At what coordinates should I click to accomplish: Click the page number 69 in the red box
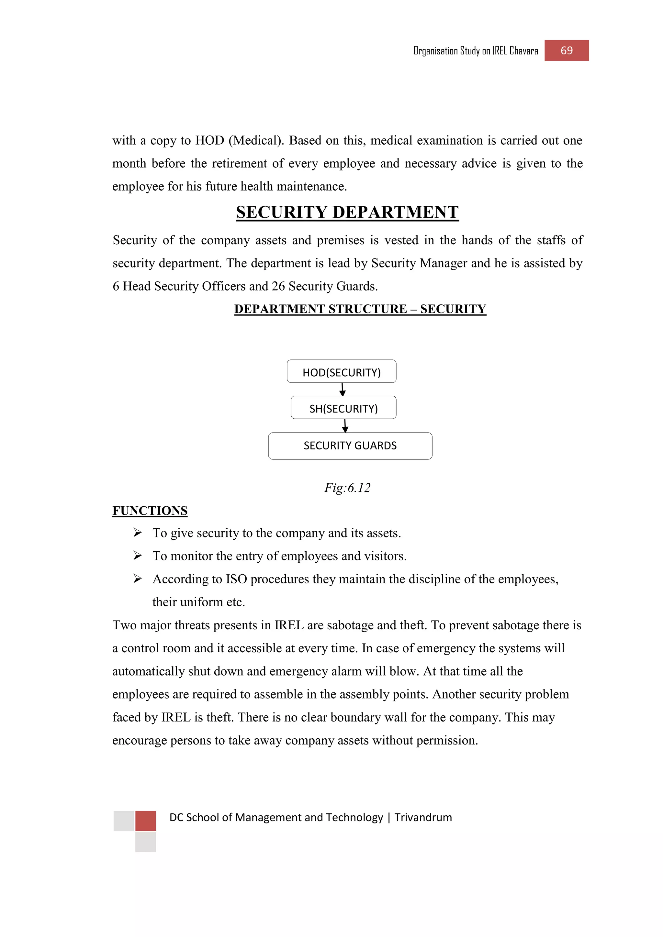(566, 50)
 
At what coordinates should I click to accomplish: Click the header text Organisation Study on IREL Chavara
(476, 51)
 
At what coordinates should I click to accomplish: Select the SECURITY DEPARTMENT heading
(347, 212)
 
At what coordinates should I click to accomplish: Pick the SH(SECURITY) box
(343, 408)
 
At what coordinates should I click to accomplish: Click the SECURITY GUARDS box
(350, 446)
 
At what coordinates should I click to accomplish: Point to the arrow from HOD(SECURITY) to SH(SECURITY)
(343, 389)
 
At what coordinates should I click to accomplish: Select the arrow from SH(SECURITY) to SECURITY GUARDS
(345, 426)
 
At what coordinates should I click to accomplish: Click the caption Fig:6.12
(347, 488)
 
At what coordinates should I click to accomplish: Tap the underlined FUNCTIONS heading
(150, 511)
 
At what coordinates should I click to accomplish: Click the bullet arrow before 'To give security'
(138, 533)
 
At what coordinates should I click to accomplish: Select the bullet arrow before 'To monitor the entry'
(138, 556)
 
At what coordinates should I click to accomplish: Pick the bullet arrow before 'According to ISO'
(138, 579)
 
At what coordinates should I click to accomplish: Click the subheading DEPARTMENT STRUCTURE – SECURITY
(360, 309)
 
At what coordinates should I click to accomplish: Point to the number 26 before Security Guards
(278, 286)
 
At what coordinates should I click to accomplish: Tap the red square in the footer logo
(145, 821)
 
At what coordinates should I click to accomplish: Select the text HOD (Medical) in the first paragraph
(239, 140)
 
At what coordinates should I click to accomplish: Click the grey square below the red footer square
(145, 842)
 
